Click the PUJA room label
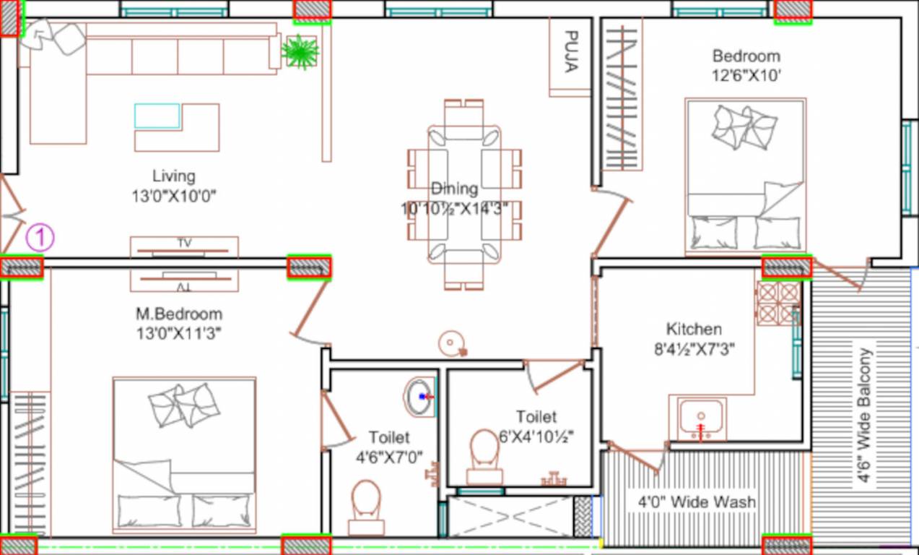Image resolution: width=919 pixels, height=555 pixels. [570, 52]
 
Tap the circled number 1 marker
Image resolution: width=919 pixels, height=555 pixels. [40, 237]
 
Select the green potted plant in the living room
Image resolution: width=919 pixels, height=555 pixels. [300, 51]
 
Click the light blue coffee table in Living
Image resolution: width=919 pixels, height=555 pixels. [157, 116]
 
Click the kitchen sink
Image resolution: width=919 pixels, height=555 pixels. [700, 418]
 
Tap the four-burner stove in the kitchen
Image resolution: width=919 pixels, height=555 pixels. [778, 303]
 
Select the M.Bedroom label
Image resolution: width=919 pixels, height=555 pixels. [179, 314]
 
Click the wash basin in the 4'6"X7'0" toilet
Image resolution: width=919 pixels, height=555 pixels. [419, 397]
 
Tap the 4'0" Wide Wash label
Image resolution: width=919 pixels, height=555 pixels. [697, 502]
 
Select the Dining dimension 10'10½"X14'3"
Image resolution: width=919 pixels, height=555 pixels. [455, 209]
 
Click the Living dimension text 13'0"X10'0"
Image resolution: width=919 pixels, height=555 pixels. [174, 196]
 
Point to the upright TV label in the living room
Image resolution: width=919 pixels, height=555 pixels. [184, 243]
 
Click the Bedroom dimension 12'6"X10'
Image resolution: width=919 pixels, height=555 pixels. [746, 75]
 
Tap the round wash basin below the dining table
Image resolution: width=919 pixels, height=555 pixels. [453, 343]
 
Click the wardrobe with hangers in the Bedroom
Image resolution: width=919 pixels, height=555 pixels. [622, 97]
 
